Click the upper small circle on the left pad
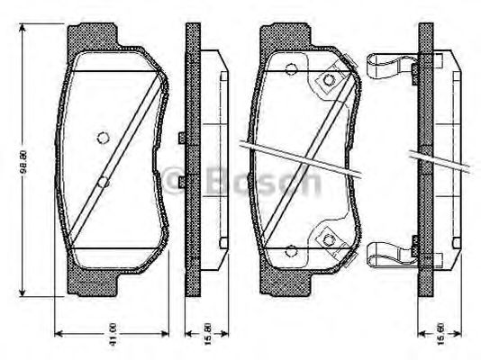tap(102, 137)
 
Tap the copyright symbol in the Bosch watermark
tap(183, 183)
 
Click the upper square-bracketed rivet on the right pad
tap(329, 81)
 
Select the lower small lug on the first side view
tap(181, 182)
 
